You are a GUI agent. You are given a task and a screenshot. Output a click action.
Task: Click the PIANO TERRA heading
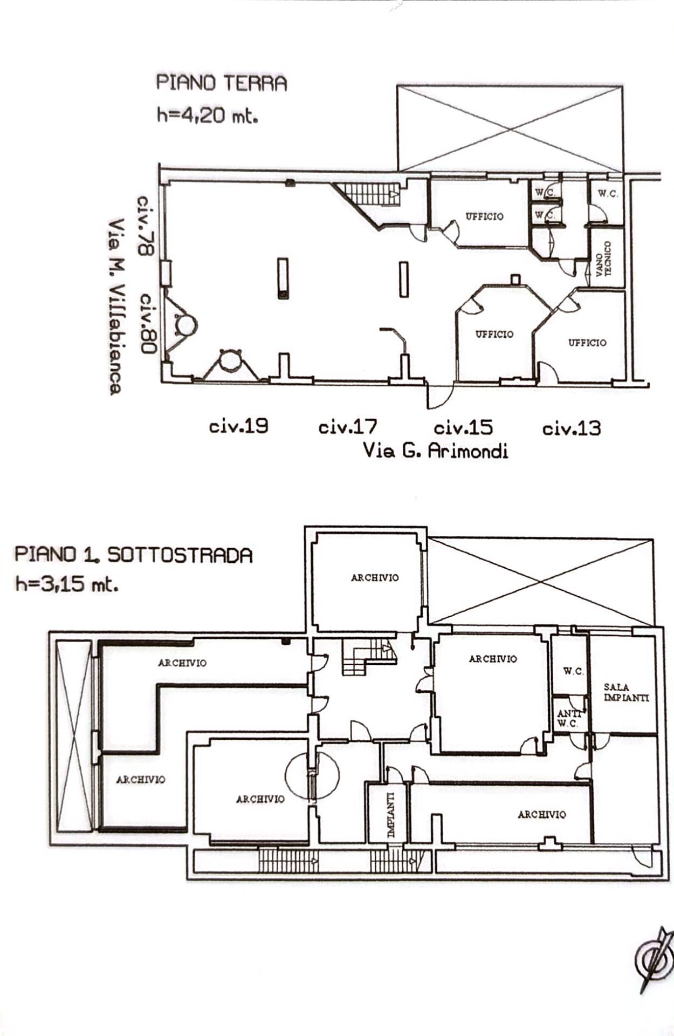tap(222, 84)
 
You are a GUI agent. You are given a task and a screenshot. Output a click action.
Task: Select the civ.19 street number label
tap(238, 426)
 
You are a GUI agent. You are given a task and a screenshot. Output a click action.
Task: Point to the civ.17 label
tap(348, 427)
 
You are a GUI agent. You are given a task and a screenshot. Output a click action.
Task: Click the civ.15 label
tap(463, 428)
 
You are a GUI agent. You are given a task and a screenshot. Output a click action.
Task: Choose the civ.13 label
tap(572, 429)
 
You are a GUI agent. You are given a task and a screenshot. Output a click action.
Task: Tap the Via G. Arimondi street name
tap(436, 450)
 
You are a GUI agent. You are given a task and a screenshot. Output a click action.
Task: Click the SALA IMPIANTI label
tap(626, 692)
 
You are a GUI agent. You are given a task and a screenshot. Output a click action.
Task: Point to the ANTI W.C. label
tap(568, 719)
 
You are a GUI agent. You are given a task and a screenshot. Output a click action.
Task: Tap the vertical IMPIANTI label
tap(391, 814)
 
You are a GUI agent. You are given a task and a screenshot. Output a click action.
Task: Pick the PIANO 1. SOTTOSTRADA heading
tap(133, 555)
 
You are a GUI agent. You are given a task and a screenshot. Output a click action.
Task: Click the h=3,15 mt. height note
tap(67, 585)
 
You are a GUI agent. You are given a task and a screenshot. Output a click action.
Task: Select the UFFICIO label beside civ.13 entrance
tap(587, 343)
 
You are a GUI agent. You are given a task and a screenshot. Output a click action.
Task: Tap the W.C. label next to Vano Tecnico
tap(608, 194)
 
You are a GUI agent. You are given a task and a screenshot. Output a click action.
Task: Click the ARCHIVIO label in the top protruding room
tap(375, 578)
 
